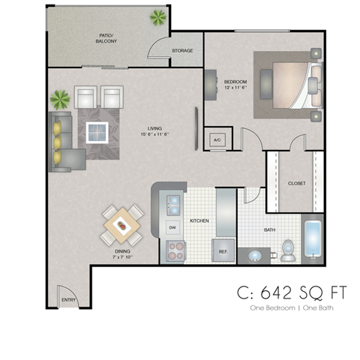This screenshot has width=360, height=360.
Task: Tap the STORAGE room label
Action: pyautogui.click(x=182, y=51)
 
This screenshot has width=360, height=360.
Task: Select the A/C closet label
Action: pyautogui.click(x=217, y=140)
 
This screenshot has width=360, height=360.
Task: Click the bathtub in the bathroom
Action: pyautogui.click(x=312, y=240)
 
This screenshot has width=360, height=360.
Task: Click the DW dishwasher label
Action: pyautogui.click(x=172, y=227)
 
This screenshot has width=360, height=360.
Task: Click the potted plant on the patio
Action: pyautogui.click(x=159, y=16)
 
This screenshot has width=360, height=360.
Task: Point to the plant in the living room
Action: pyautogui.click(x=59, y=99)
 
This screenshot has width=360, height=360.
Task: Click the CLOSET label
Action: pyautogui.click(x=295, y=184)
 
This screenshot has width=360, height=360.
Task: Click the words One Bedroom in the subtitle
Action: pyautogui.click(x=264, y=308)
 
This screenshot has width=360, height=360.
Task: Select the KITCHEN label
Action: pyautogui.click(x=199, y=221)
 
